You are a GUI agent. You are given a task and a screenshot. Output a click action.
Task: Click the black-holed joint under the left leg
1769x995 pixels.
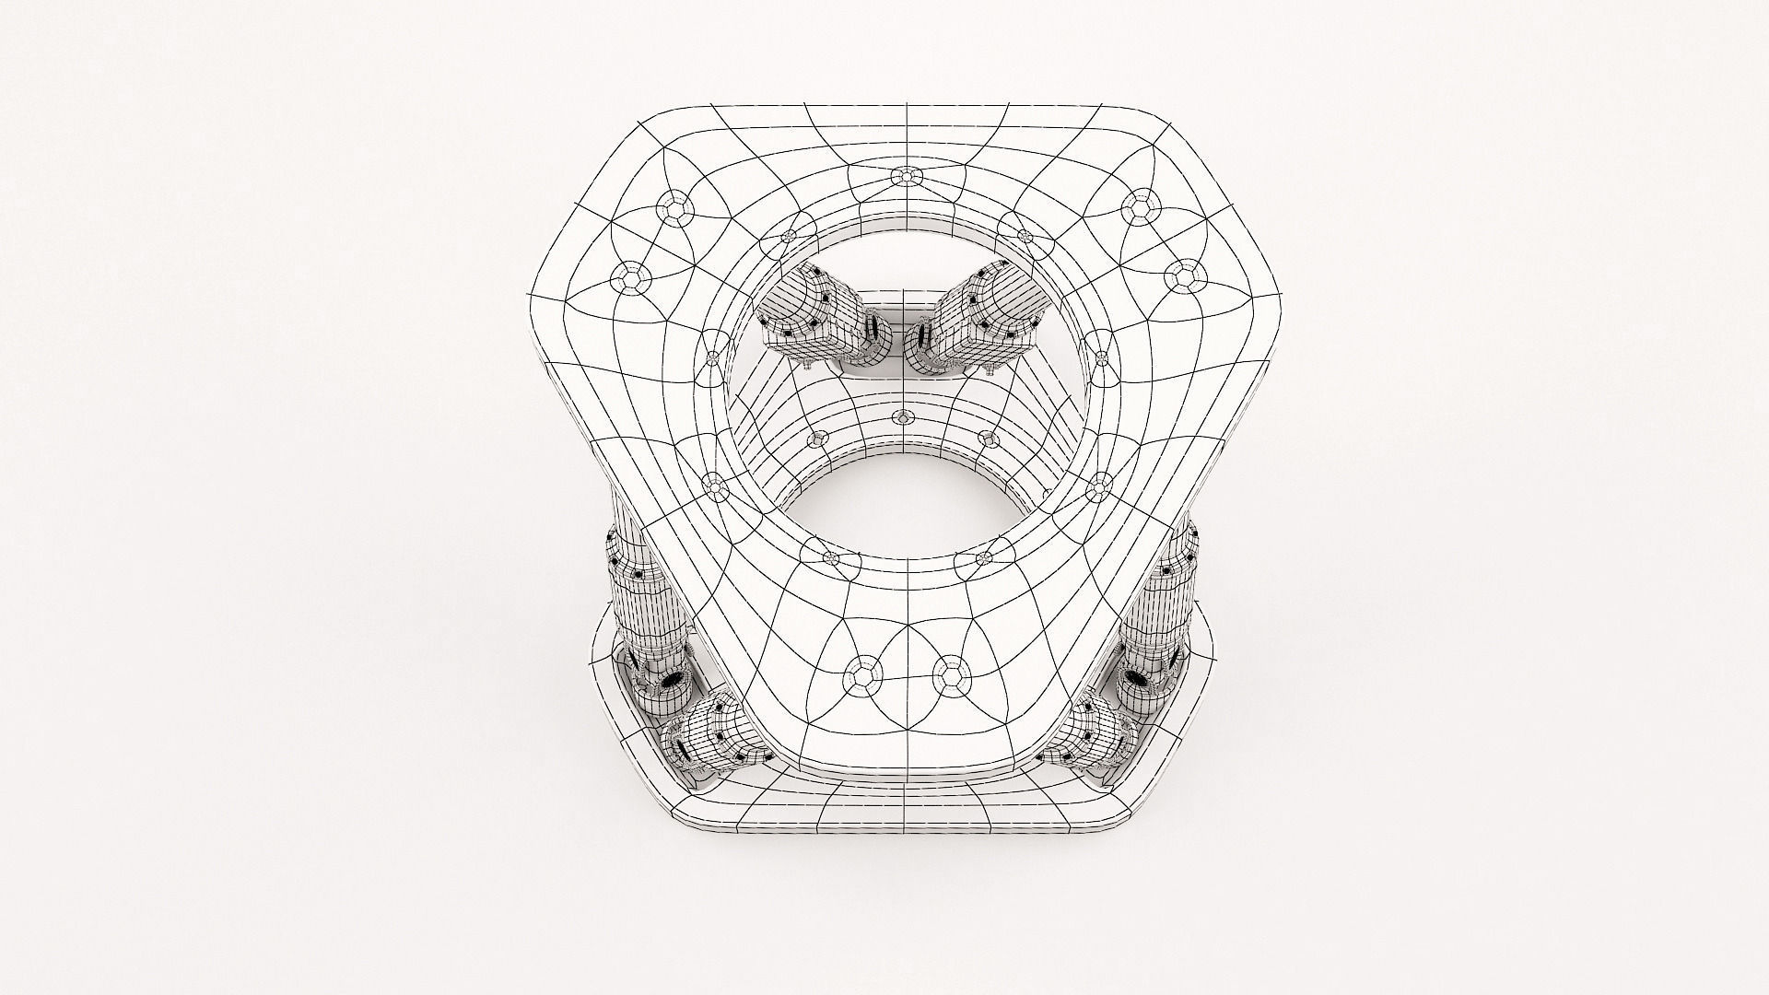(671, 682)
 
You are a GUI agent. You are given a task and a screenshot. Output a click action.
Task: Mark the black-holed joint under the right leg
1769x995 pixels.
(1137, 682)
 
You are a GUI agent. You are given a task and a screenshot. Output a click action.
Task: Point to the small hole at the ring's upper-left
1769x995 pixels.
(789, 237)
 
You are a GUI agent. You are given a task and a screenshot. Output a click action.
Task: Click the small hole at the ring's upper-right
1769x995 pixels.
(1024, 235)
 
